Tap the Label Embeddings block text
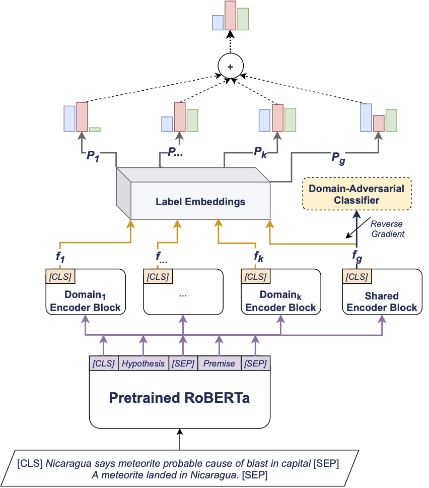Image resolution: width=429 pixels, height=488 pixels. click(200, 202)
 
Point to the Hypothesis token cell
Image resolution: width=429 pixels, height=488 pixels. click(143, 363)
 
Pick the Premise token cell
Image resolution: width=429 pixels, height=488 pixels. click(219, 363)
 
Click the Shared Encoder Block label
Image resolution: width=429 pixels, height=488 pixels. click(382, 301)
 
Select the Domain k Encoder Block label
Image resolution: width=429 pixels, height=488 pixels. click(281, 301)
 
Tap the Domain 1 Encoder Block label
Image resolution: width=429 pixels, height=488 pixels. click(85, 301)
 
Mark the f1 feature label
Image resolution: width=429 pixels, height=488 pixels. click(61, 256)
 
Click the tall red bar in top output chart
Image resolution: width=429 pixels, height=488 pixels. click(231, 15)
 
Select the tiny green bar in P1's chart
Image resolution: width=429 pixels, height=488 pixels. click(95, 130)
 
